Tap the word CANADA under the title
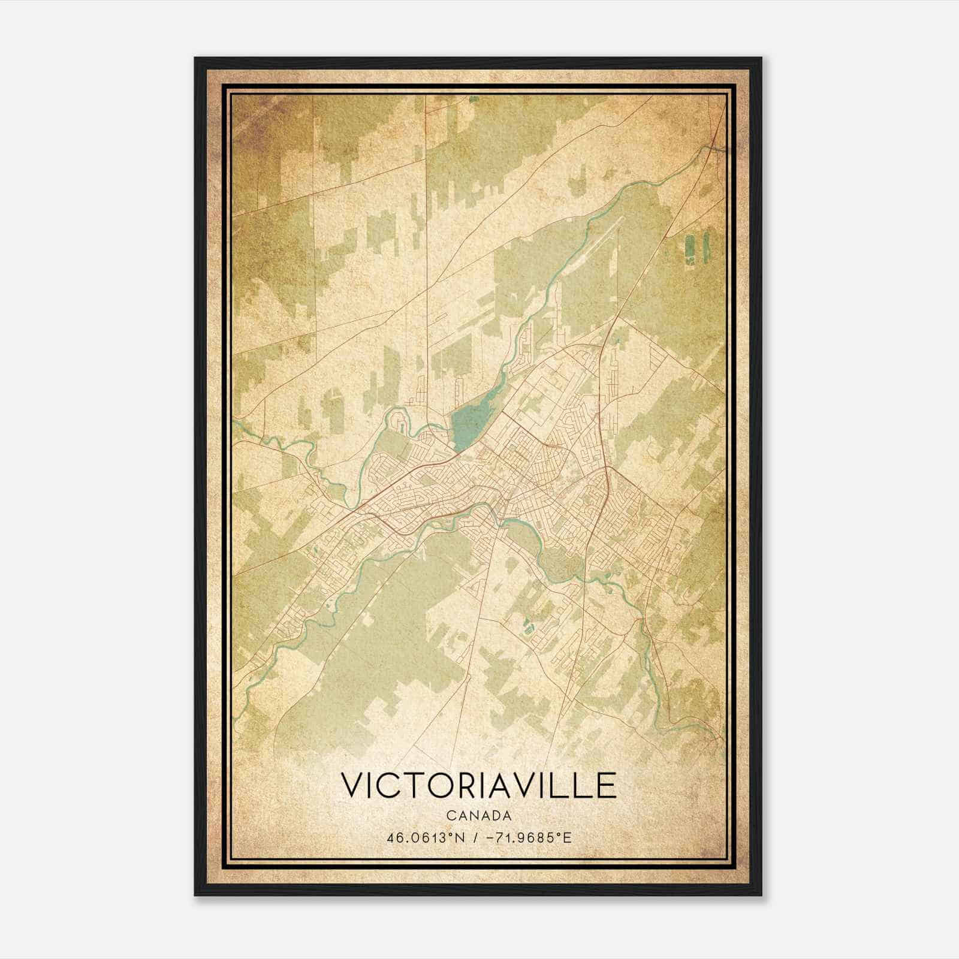(x=478, y=816)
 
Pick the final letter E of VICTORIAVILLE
(x=607, y=785)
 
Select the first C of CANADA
(x=450, y=816)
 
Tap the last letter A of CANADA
(x=507, y=816)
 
